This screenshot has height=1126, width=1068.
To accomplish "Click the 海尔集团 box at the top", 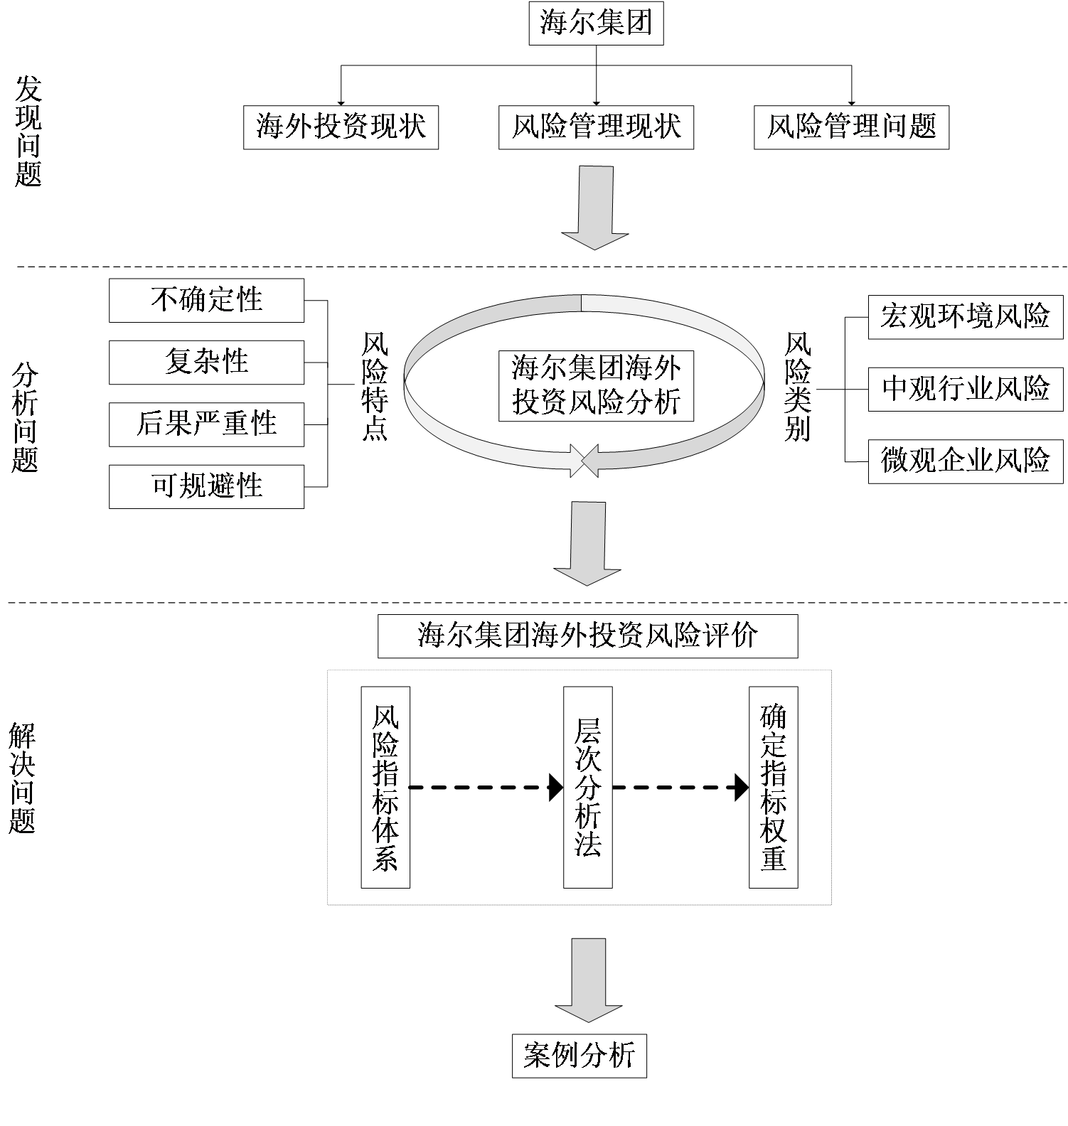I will tap(596, 23).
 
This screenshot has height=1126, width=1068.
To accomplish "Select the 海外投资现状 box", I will tap(341, 127).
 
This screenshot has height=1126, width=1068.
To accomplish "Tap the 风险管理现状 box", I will tap(596, 127).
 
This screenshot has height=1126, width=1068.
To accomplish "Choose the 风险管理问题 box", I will tap(851, 127).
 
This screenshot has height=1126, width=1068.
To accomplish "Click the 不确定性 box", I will tap(206, 300).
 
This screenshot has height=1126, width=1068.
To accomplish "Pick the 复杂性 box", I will tap(206, 362).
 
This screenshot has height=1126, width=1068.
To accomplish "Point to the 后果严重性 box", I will tap(206, 424).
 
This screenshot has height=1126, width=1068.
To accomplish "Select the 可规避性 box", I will tap(206, 486).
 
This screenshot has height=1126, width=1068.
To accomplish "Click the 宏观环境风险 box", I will tap(966, 316).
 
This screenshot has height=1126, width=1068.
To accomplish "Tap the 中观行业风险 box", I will tap(966, 389).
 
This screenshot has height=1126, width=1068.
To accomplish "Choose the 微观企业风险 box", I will tap(966, 461).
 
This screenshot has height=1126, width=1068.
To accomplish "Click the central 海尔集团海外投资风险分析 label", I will tap(596, 385).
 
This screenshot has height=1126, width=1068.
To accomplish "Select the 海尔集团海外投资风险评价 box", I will tap(587, 636).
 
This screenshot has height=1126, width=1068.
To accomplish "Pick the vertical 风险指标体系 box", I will tap(385, 787).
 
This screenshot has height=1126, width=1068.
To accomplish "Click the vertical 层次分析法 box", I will tap(587, 787).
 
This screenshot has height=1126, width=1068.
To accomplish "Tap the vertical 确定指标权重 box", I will tap(773, 787).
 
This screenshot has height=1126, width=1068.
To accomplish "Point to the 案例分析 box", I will tap(579, 1056).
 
